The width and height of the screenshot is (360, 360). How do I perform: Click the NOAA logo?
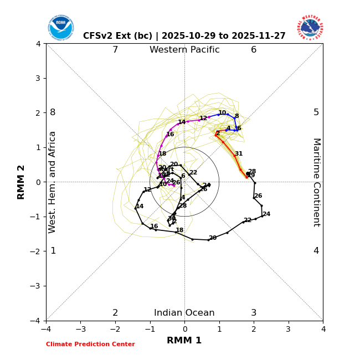(x=60, y=28)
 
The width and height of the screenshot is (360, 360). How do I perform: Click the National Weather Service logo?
(x=310, y=28)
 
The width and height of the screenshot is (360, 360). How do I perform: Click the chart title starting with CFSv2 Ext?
(x=184, y=36)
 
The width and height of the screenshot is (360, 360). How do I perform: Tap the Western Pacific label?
(x=184, y=50)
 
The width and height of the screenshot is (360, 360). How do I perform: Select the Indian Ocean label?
(x=184, y=313)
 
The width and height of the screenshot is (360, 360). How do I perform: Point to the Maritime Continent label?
(x=316, y=182)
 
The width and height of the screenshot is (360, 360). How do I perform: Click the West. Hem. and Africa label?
(x=53, y=182)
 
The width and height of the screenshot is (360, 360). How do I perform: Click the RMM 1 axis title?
(x=184, y=341)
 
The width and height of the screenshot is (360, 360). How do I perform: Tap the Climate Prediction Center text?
(x=90, y=344)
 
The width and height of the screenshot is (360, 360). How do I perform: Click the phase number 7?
(x=115, y=50)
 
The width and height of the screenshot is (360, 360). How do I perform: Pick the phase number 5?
(x=316, y=112)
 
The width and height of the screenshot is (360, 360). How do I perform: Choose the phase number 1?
(x=53, y=251)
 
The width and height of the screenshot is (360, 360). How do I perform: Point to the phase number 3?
(x=254, y=313)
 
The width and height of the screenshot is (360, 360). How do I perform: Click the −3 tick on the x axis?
(x=80, y=329)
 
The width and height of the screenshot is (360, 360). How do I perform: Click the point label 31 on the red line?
(x=239, y=154)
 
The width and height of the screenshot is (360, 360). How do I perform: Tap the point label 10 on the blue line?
(x=222, y=113)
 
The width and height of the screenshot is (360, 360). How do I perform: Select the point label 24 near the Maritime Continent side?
(x=266, y=214)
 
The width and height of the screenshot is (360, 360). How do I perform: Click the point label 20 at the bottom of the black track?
(x=213, y=238)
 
